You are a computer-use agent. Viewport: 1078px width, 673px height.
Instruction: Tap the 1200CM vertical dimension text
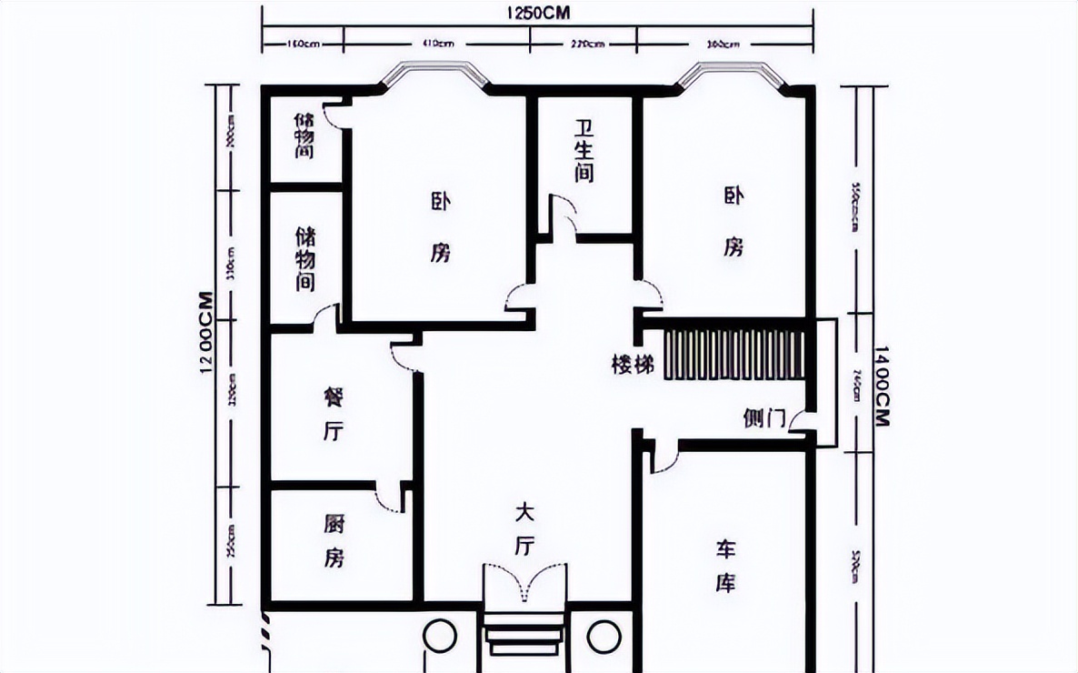207,333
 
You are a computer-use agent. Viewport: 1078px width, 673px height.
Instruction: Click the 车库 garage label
725,566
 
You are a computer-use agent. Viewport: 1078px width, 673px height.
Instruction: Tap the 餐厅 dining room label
333,414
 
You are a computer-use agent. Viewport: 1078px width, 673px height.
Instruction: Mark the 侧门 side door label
764,418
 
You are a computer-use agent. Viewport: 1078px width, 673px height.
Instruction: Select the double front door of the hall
524,582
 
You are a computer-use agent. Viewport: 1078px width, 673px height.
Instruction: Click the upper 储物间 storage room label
304,136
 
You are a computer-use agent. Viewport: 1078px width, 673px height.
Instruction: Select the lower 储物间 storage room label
306,259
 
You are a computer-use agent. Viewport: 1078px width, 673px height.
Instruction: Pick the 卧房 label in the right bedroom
734,222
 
